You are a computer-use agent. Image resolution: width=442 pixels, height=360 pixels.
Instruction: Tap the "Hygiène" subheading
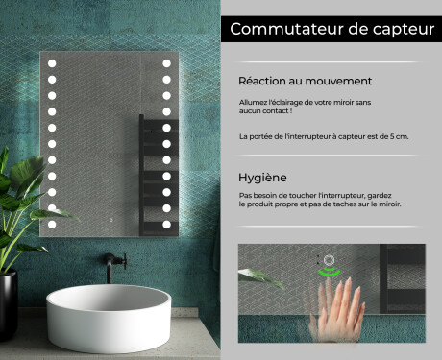coord(262,178)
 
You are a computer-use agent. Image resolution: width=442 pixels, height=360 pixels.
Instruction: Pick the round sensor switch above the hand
coord(329,259)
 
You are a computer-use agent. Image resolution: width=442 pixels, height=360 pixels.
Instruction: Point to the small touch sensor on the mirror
coord(110,220)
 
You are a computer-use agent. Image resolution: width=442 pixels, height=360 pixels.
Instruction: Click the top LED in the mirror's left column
coord(52,63)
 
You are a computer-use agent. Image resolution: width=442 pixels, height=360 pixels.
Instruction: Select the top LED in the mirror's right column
coord(166,63)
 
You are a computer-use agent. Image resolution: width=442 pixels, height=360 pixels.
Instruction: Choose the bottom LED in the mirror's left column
coord(52,224)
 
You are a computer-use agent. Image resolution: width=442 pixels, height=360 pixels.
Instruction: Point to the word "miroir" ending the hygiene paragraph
coord(390,204)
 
